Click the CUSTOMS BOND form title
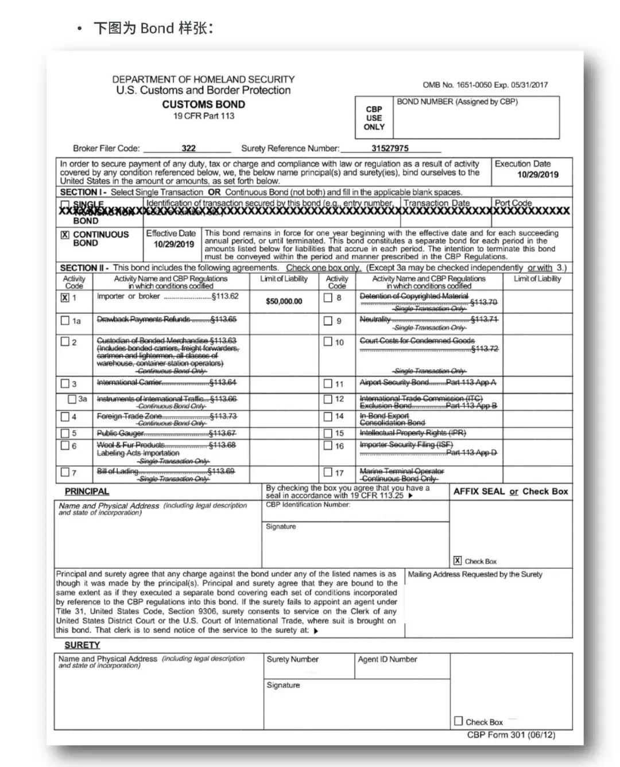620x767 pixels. click(x=203, y=104)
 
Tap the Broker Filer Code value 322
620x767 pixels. click(x=188, y=148)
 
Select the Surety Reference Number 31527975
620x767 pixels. click(x=390, y=148)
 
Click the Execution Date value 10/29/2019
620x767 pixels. click(x=537, y=174)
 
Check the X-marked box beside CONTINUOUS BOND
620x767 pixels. click(x=65, y=235)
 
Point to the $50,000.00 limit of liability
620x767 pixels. click(x=284, y=301)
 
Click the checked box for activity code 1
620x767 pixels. click(x=65, y=297)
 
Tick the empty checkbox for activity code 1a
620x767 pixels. click(x=65, y=321)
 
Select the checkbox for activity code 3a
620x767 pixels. click(x=72, y=399)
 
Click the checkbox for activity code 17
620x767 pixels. click(x=328, y=472)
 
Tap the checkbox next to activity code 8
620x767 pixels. click(x=328, y=297)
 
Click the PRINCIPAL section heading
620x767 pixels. click(x=87, y=492)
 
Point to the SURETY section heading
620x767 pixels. click(x=82, y=645)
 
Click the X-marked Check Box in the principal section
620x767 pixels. click(x=458, y=560)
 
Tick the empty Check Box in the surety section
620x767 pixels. click(x=458, y=721)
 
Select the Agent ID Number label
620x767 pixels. click(x=387, y=659)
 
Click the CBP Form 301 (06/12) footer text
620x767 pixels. click(x=511, y=735)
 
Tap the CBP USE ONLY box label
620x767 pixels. click(x=374, y=118)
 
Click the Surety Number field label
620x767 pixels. click(x=292, y=659)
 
